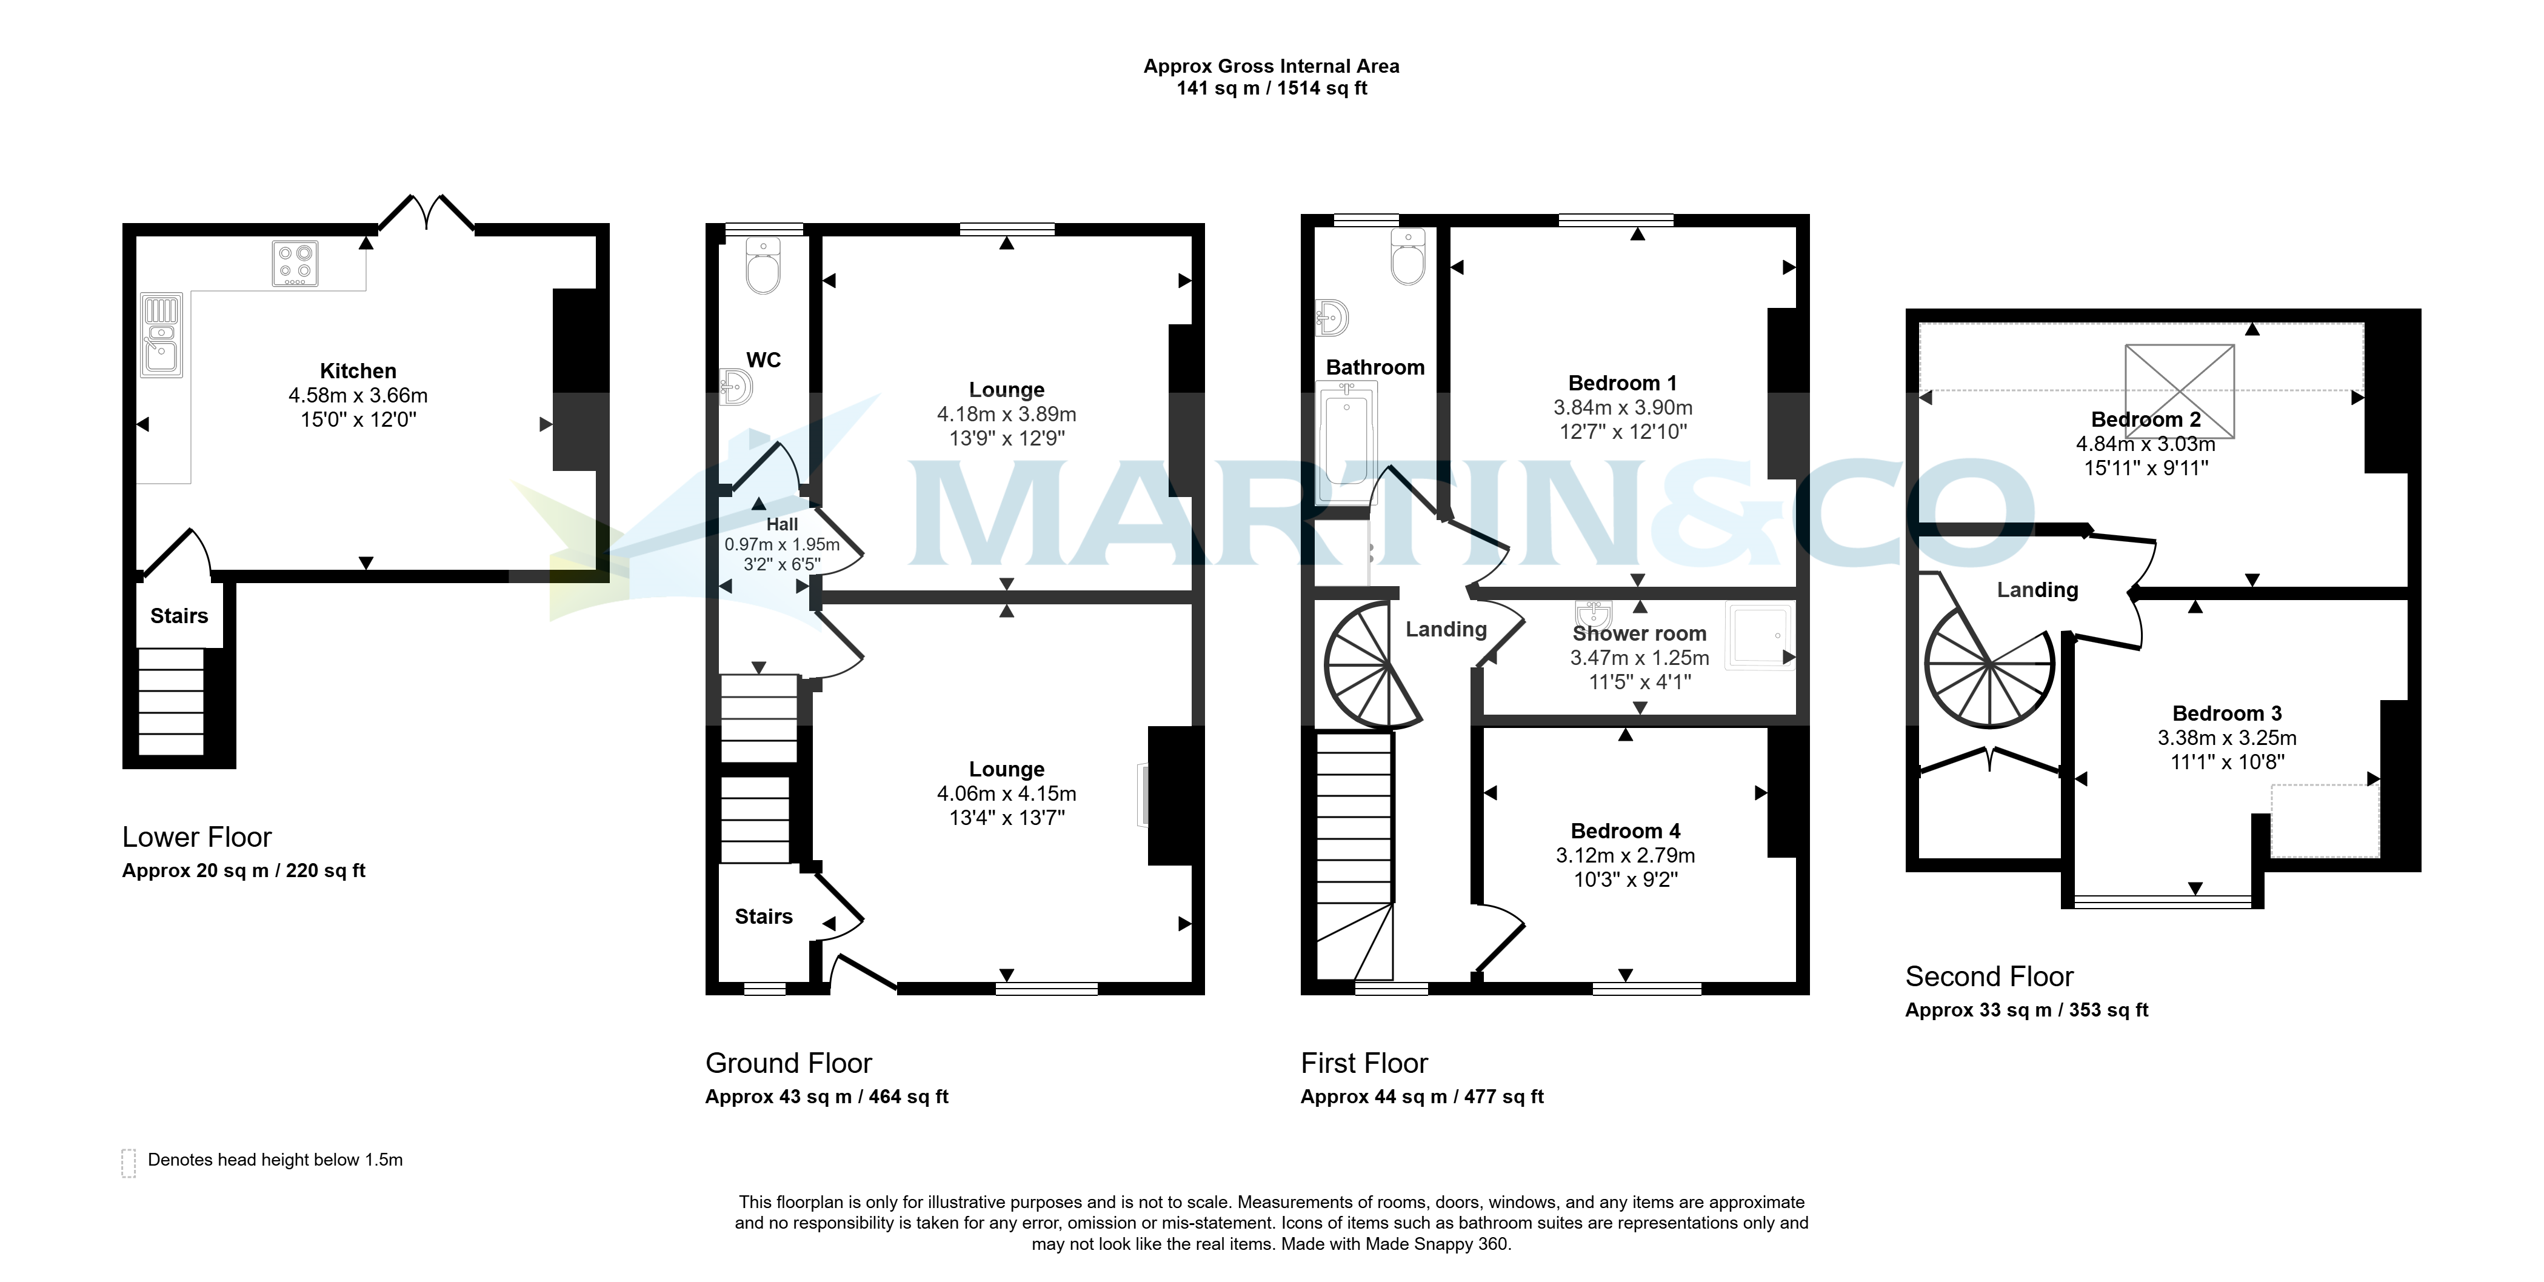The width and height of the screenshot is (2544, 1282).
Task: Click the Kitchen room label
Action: coord(358,372)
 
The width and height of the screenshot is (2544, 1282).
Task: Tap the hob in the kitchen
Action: coord(295,264)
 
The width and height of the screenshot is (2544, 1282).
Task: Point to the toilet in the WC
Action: coord(763,265)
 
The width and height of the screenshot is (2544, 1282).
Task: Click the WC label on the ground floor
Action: coord(763,361)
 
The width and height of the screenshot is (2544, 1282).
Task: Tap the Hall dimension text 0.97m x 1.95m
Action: coord(782,544)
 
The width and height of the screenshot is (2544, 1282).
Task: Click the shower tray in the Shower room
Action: coord(1760,637)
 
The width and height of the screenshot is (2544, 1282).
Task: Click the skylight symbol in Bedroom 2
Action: coord(2180,390)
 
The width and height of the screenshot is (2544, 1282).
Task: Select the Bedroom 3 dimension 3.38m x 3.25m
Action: coord(2227,738)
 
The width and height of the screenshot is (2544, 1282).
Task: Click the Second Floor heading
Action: coord(1989,977)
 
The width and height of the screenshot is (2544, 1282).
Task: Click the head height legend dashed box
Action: coord(129,1163)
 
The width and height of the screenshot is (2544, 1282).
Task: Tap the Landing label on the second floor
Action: coord(2037,590)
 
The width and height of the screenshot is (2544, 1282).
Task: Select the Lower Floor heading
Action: coord(196,838)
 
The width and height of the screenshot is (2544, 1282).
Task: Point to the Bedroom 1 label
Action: coord(1623,383)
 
